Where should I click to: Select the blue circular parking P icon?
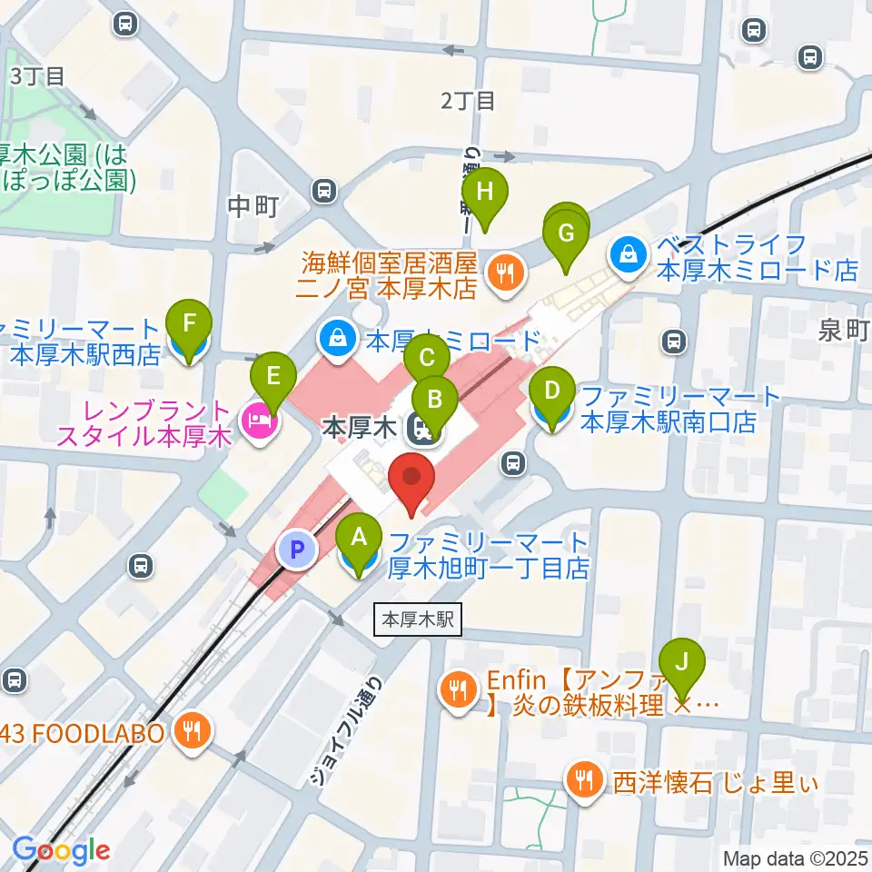(296, 549)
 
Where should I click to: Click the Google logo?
(61, 850)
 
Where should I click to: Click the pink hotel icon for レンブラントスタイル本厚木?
(258, 420)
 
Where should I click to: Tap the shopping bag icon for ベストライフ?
(629, 256)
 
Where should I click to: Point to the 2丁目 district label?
(468, 100)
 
